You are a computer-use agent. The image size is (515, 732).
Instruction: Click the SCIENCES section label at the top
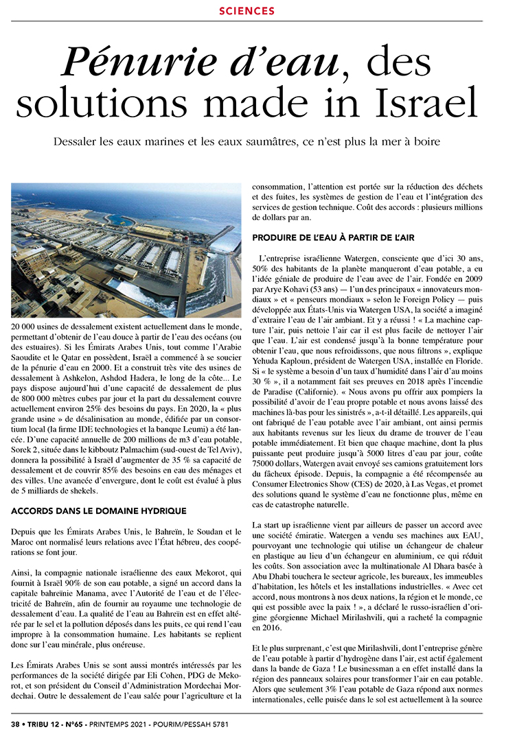point(247,11)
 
